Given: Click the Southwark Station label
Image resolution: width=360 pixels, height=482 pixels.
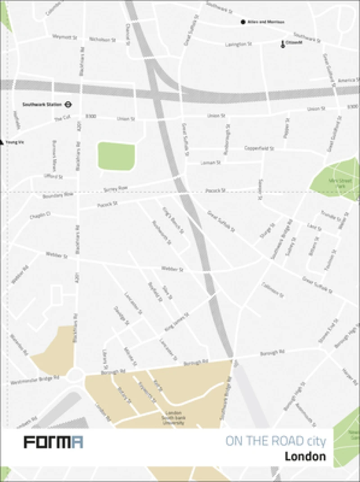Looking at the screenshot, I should point(41,105).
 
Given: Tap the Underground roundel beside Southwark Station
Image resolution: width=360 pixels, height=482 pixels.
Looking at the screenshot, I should point(68,105).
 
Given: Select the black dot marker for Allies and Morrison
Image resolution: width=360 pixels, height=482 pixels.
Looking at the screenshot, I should point(243,22).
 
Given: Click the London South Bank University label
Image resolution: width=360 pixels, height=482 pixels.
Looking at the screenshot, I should point(173,417).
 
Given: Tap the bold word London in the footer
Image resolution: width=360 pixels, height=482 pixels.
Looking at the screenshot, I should point(305,456).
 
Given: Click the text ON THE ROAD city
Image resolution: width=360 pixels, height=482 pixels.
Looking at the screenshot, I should point(275,441).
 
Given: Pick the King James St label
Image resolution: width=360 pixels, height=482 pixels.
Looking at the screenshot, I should point(177,323).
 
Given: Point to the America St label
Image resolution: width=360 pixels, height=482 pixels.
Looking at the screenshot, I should point(346,80).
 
